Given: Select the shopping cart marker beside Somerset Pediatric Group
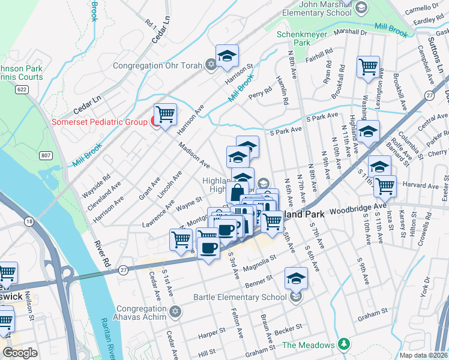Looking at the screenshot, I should pos(165,114).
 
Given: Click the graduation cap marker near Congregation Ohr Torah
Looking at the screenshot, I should pos(228,56).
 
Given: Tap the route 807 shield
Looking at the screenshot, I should pos(46,156).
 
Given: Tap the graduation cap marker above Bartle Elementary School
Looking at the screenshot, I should pos(296,279).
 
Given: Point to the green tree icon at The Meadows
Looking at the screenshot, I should pos(343,344).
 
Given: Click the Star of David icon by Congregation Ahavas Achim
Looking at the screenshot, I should pos(175,311).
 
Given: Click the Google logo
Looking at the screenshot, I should pos(20,353).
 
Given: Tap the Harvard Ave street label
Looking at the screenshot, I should pos(417,184).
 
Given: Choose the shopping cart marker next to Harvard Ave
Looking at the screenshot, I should pos(384,185).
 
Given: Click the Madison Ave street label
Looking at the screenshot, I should pos(194,155).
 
